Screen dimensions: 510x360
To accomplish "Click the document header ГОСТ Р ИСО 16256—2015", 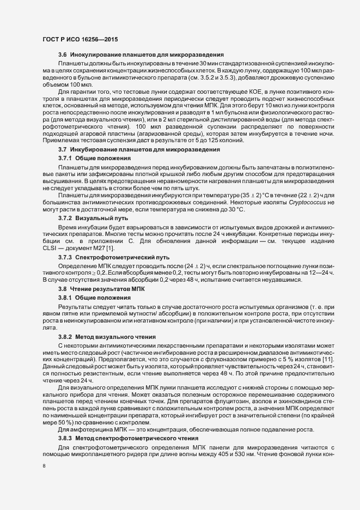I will tap(80, 39).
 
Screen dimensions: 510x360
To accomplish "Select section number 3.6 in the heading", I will tap(62, 56).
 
